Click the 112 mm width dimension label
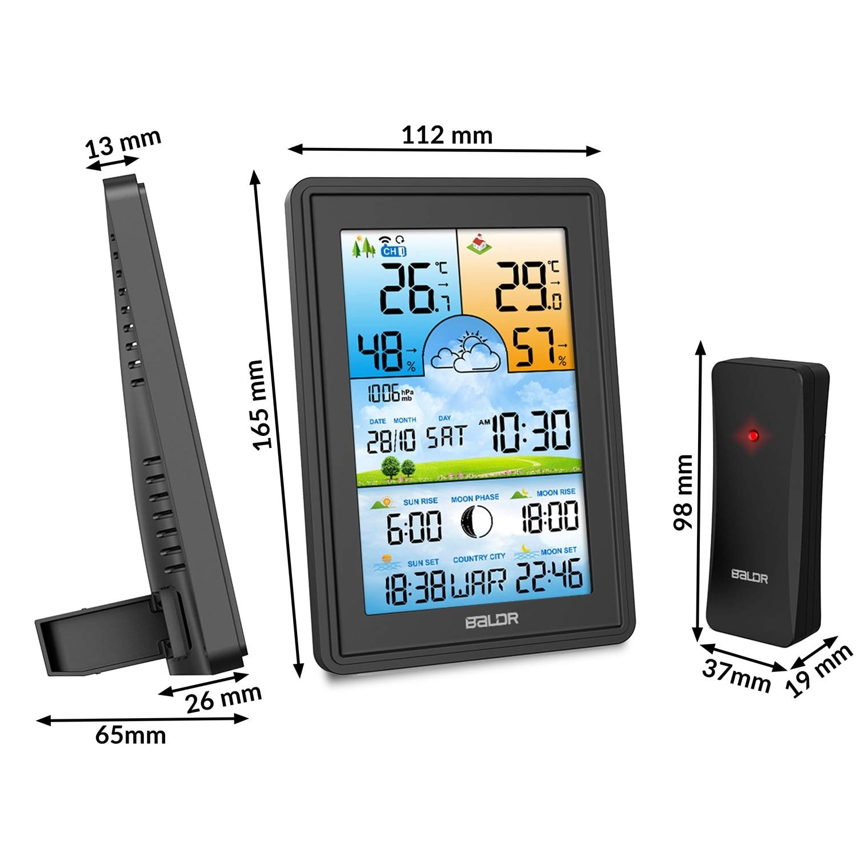coord(447,135)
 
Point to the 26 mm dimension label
coord(223,699)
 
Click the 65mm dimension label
coord(131,735)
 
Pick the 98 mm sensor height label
coord(683,492)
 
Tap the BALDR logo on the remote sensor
coord(750,576)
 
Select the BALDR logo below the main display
coord(491,619)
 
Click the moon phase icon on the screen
coord(476,520)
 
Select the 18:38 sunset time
coord(415,587)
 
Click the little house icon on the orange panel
coord(479,244)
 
